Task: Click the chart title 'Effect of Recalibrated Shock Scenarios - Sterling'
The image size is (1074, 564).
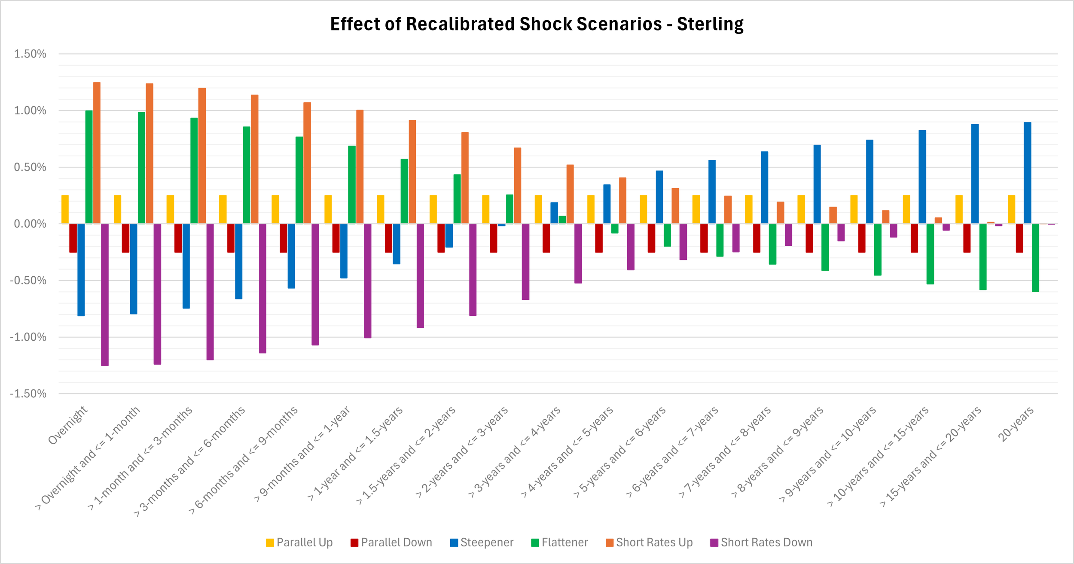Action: click(537, 24)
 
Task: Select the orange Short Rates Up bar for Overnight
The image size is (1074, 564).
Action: click(97, 152)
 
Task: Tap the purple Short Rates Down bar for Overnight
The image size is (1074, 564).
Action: click(105, 295)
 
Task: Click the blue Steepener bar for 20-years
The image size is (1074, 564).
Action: click(1027, 173)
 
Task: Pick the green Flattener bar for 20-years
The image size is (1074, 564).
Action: click(1035, 258)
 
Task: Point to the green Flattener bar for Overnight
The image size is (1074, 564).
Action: click(89, 167)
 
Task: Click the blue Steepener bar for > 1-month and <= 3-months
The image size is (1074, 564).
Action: click(186, 266)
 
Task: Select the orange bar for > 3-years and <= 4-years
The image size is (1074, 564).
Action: click(570, 194)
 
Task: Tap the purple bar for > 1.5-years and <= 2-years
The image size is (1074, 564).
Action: click(473, 270)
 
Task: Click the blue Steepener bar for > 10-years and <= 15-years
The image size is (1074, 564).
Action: click(922, 177)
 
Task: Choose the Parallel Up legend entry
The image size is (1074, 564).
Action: click(299, 543)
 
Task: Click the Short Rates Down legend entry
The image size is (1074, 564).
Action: click(761, 543)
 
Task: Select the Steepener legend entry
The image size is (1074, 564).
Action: click(482, 543)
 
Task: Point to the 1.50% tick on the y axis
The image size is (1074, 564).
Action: click(30, 54)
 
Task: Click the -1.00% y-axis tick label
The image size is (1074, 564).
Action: click(28, 337)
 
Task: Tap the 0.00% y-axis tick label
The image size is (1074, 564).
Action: click(30, 224)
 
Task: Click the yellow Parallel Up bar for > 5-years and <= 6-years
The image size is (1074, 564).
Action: click(643, 209)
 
